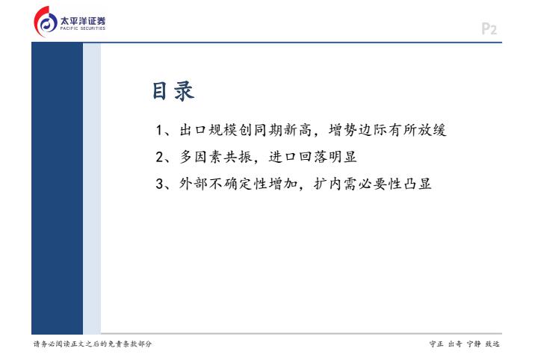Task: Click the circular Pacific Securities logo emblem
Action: coord(46,22)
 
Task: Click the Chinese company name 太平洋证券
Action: coord(83,21)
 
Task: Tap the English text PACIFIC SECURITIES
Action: coord(83,28)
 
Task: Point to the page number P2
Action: coord(489,29)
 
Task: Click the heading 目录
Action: coord(173,91)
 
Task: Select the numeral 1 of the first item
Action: coord(159,130)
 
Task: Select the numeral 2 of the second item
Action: coord(160,157)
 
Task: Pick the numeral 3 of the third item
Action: coord(160,184)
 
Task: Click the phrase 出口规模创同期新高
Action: coord(245,130)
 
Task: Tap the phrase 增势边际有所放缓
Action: coord(388,130)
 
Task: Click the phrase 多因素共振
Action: coord(216,157)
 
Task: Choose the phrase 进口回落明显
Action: coord(313,157)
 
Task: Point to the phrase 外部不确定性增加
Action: coord(238,184)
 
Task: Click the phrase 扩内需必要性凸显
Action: coord(373,184)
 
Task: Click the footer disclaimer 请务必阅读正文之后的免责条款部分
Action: coord(93,344)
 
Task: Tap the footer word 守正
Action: coord(436,344)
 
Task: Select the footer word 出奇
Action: coord(455,344)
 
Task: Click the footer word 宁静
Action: coord(474,344)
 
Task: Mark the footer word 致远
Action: coord(492,344)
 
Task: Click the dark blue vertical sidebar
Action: coord(57,188)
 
